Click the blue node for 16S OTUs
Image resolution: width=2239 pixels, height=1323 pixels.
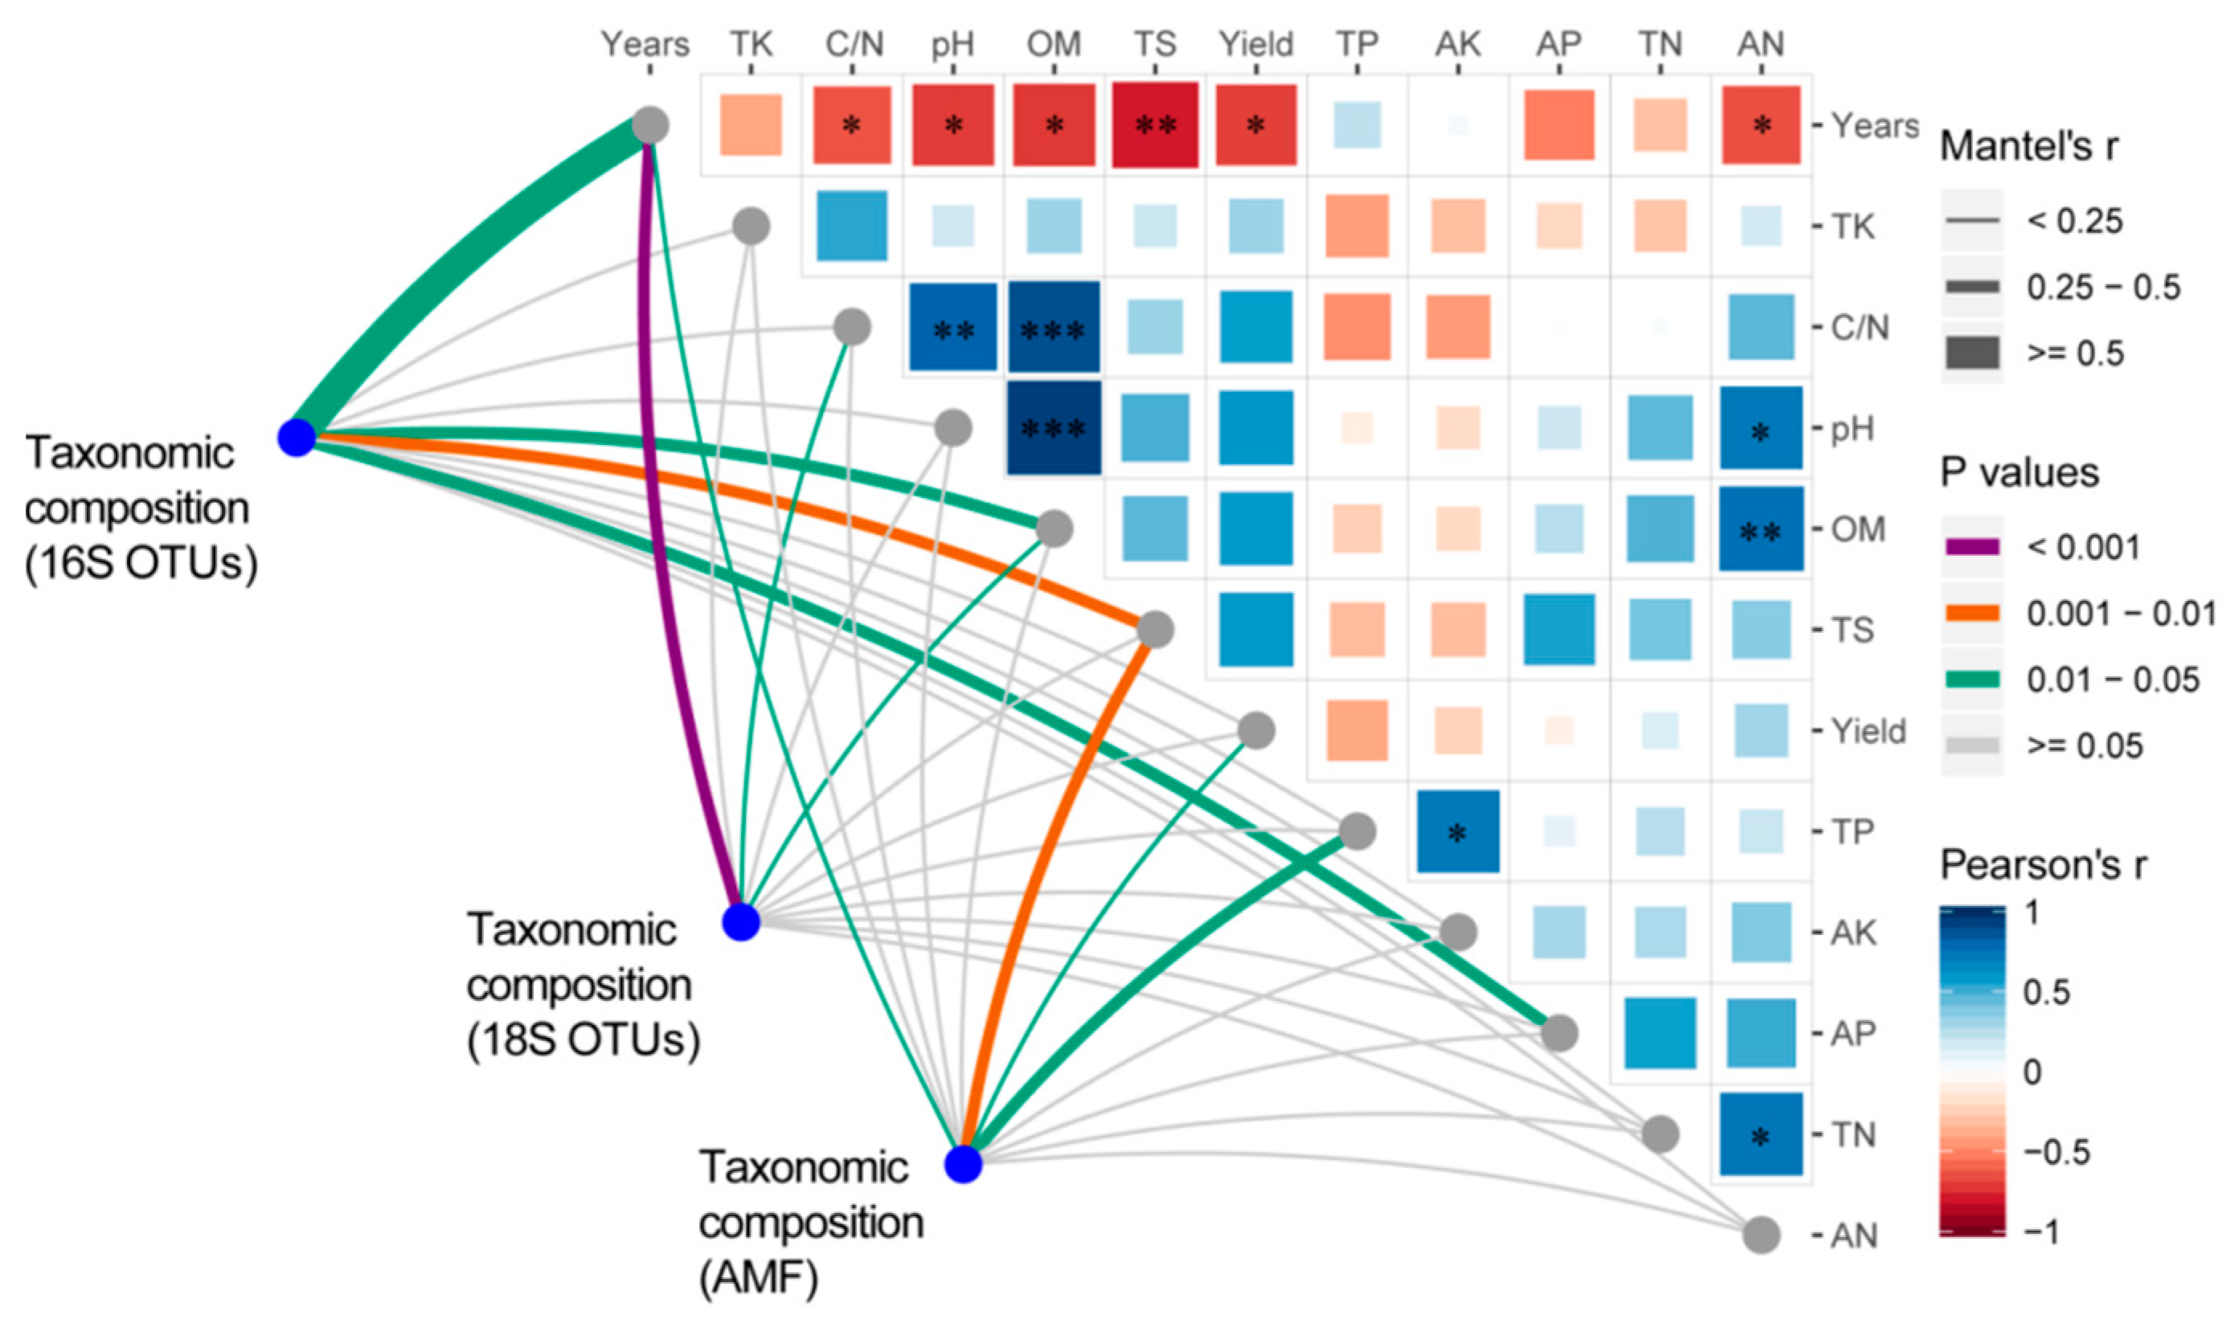[x=297, y=438]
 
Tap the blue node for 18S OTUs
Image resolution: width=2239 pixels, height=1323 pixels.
[x=741, y=922]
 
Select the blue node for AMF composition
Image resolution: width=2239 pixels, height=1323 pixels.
[x=963, y=1164]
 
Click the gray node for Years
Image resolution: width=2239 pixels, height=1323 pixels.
[x=651, y=125]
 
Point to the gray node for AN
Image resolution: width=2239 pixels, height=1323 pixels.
[x=1762, y=1235]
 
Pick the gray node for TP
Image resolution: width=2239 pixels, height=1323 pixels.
[x=1357, y=831]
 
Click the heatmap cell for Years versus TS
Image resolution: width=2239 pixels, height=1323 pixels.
[x=1155, y=125]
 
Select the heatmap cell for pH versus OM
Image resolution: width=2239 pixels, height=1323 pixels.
[x=1054, y=429]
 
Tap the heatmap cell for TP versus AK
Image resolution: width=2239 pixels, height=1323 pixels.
[x=1458, y=831]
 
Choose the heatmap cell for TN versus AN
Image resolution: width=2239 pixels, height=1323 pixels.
[x=1761, y=1135]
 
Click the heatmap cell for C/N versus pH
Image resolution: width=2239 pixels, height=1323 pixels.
[x=953, y=328]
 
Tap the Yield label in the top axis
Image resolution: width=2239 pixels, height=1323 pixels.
[x=1255, y=44]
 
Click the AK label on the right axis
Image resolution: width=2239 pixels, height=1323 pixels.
[x=1854, y=933]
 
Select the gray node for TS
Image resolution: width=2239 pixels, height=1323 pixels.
[x=1156, y=631]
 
